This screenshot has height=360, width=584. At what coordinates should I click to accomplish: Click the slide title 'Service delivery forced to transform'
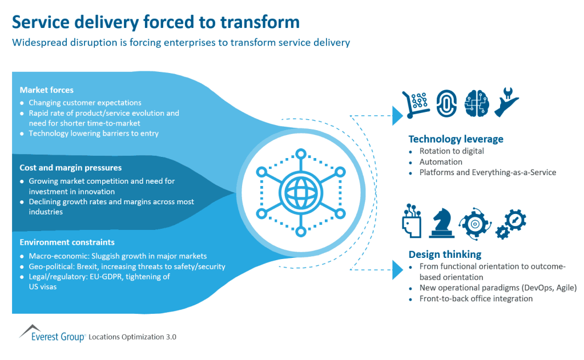click(156, 22)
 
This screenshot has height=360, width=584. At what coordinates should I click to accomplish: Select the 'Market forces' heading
click(46, 90)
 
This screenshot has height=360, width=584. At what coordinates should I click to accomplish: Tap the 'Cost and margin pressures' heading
click(71, 168)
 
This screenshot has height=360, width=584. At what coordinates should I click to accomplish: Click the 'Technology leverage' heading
click(456, 139)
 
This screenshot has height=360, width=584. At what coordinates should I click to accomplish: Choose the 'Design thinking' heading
click(445, 254)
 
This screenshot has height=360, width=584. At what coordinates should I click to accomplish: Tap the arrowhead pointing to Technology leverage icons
click(397, 115)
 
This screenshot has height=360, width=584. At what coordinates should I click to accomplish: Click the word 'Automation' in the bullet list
click(441, 162)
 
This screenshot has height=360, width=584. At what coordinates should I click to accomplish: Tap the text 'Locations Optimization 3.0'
click(133, 337)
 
